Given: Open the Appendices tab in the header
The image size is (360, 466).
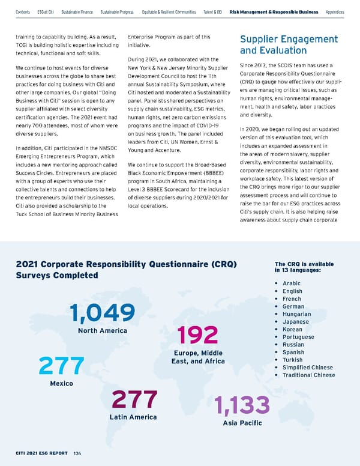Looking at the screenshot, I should [x=334, y=11].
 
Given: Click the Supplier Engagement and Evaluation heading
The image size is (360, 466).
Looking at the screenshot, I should [x=289, y=44].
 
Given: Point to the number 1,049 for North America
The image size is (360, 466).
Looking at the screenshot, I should [x=101, y=313].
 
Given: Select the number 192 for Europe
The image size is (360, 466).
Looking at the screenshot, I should [x=198, y=336].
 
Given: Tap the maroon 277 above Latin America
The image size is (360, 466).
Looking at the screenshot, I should [x=134, y=400].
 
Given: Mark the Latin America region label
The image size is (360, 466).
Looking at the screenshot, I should [x=133, y=417].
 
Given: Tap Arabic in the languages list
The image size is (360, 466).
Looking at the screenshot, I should [x=291, y=283].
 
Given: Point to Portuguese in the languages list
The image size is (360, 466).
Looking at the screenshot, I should [x=298, y=337].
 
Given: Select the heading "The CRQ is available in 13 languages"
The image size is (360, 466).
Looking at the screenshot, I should [x=303, y=268].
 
